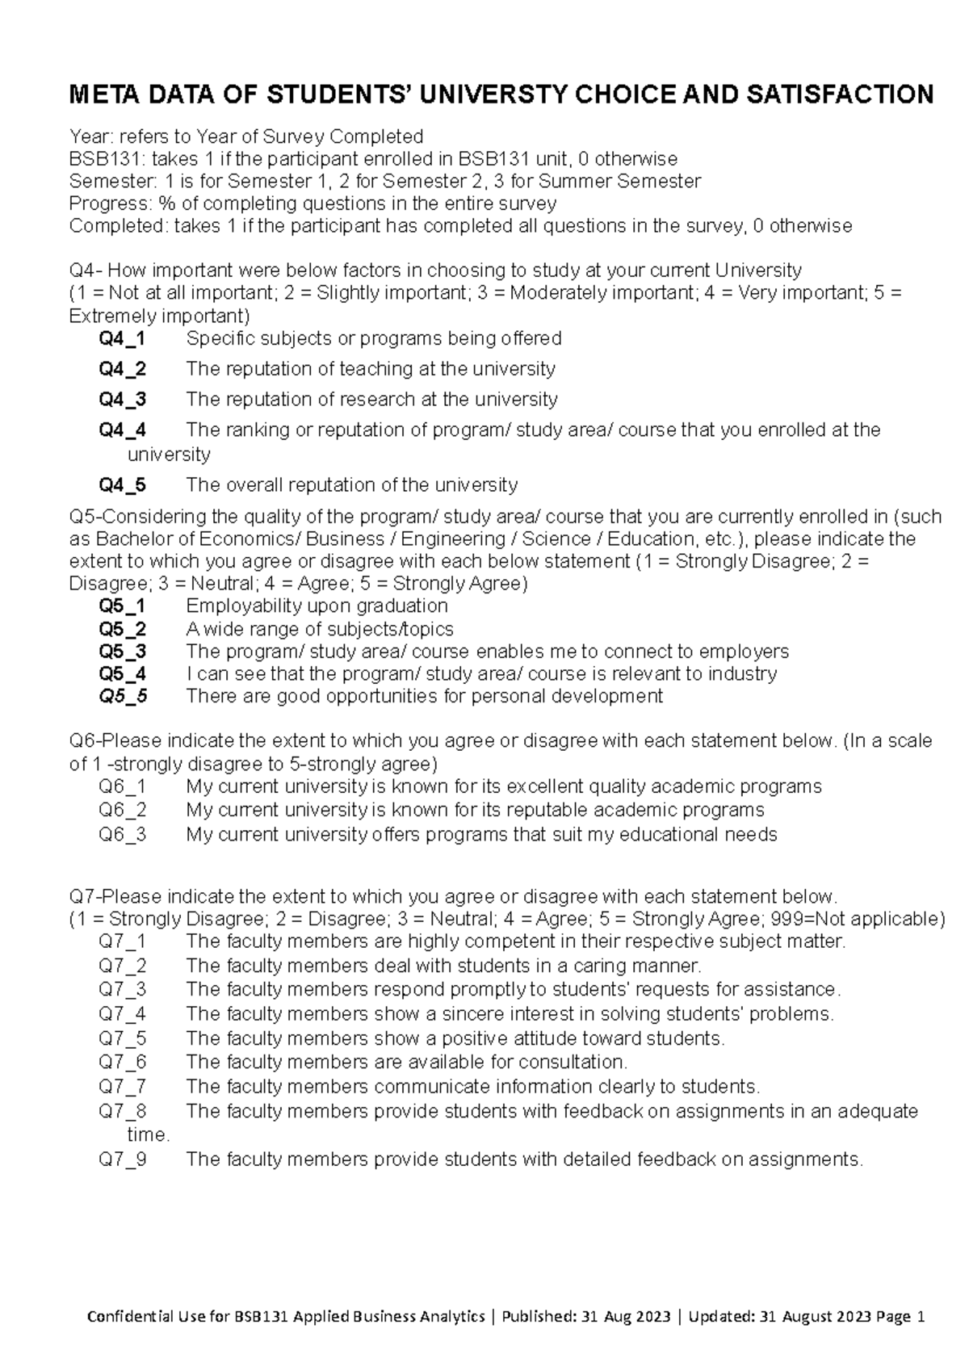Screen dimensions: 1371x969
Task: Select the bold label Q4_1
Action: tap(122, 338)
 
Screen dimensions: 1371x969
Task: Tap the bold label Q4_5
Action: tap(122, 485)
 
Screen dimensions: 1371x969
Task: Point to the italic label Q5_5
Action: tap(123, 696)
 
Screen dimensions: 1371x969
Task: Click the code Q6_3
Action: tap(123, 834)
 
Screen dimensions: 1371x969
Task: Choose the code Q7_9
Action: tap(123, 1159)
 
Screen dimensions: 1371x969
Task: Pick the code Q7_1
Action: tap(123, 941)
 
